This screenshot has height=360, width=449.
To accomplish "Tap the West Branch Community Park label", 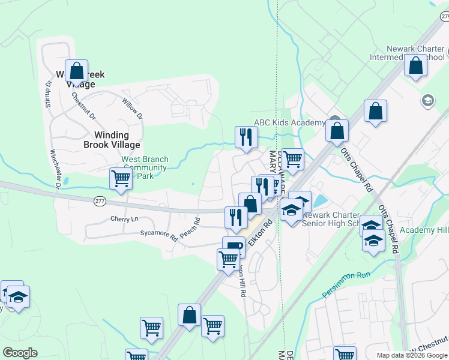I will pyautogui.click(x=145, y=167).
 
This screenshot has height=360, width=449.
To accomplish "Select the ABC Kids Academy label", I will pyautogui.click(x=289, y=122).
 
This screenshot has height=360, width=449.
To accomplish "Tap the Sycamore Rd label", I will pyautogui.click(x=158, y=235).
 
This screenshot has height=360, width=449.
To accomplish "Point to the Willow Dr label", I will pyautogui.click(x=132, y=108).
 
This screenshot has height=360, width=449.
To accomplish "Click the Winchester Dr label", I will pyautogui.click(x=56, y=169).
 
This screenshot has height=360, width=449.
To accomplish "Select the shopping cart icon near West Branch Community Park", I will pyautogui.click(x=121, y=178).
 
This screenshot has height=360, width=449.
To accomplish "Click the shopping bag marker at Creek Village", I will pyautogui.click(x=77, y=71).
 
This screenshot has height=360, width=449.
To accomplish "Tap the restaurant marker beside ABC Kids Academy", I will pyautogui.click(x=246, y=137).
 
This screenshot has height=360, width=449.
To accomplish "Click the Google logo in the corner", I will pyautogui.click(x=20, y=353).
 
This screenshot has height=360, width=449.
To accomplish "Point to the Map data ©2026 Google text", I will pyautogui.click(x=412, y=355).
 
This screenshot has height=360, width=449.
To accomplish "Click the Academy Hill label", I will pyautogui.click(x=424, y=230).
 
